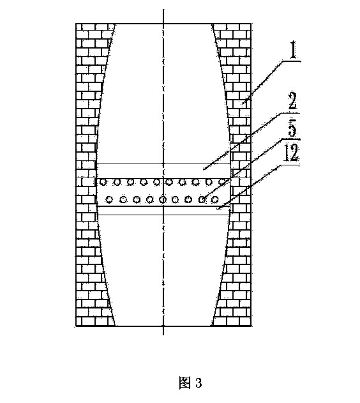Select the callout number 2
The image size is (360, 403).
click(292, 101)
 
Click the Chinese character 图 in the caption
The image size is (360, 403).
click(185, 383)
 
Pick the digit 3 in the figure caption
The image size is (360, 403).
click(199, 383)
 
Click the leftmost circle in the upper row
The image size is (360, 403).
click(103, 182)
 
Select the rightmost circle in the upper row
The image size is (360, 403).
click(222, 182)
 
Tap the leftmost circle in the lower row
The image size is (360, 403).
click(110, 199)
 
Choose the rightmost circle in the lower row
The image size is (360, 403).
click(215, 199)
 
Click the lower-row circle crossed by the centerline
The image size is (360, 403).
click(163, 199)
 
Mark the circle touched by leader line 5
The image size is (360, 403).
click(202, 199)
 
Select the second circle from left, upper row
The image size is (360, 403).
click(117, 182)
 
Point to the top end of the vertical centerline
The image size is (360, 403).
click(163, 9)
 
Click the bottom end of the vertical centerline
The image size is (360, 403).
click(163, 335)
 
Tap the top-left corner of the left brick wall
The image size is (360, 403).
click(76, 24)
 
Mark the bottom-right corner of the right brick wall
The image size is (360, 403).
click(251, 326)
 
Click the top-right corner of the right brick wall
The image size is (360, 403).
click(251, 24)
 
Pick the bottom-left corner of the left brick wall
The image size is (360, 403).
click(76, 326)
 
